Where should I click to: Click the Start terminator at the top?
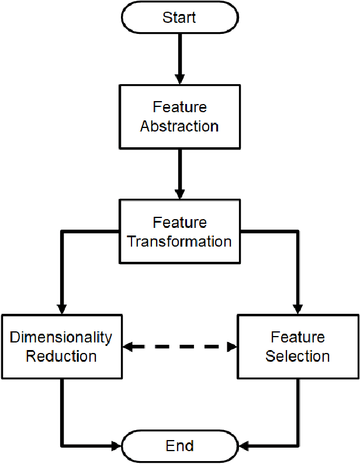click(x=179, y=17)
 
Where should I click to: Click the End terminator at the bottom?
click(x=179, y=446)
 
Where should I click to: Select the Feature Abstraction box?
click(x=179, y=117)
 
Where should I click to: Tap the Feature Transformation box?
click(x=179, y=231)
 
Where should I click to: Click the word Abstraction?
click(x=179, y=126)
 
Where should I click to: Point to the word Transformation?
click(x=179, y=241)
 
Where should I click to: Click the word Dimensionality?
click(x=61, y=337)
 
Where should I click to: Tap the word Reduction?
click(x=61, y=356)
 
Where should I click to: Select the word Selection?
click(x=297, y=356)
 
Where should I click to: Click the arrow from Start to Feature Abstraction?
click(x=179, y=58)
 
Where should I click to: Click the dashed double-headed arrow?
click(x=179, y=347)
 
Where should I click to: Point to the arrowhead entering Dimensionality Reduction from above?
click(x=61, y=309)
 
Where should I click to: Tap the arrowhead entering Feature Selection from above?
click(x=297, y=309)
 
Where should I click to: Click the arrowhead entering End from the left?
click(x=115, y=446)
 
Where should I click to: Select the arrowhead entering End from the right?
click(x=244, y=446)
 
